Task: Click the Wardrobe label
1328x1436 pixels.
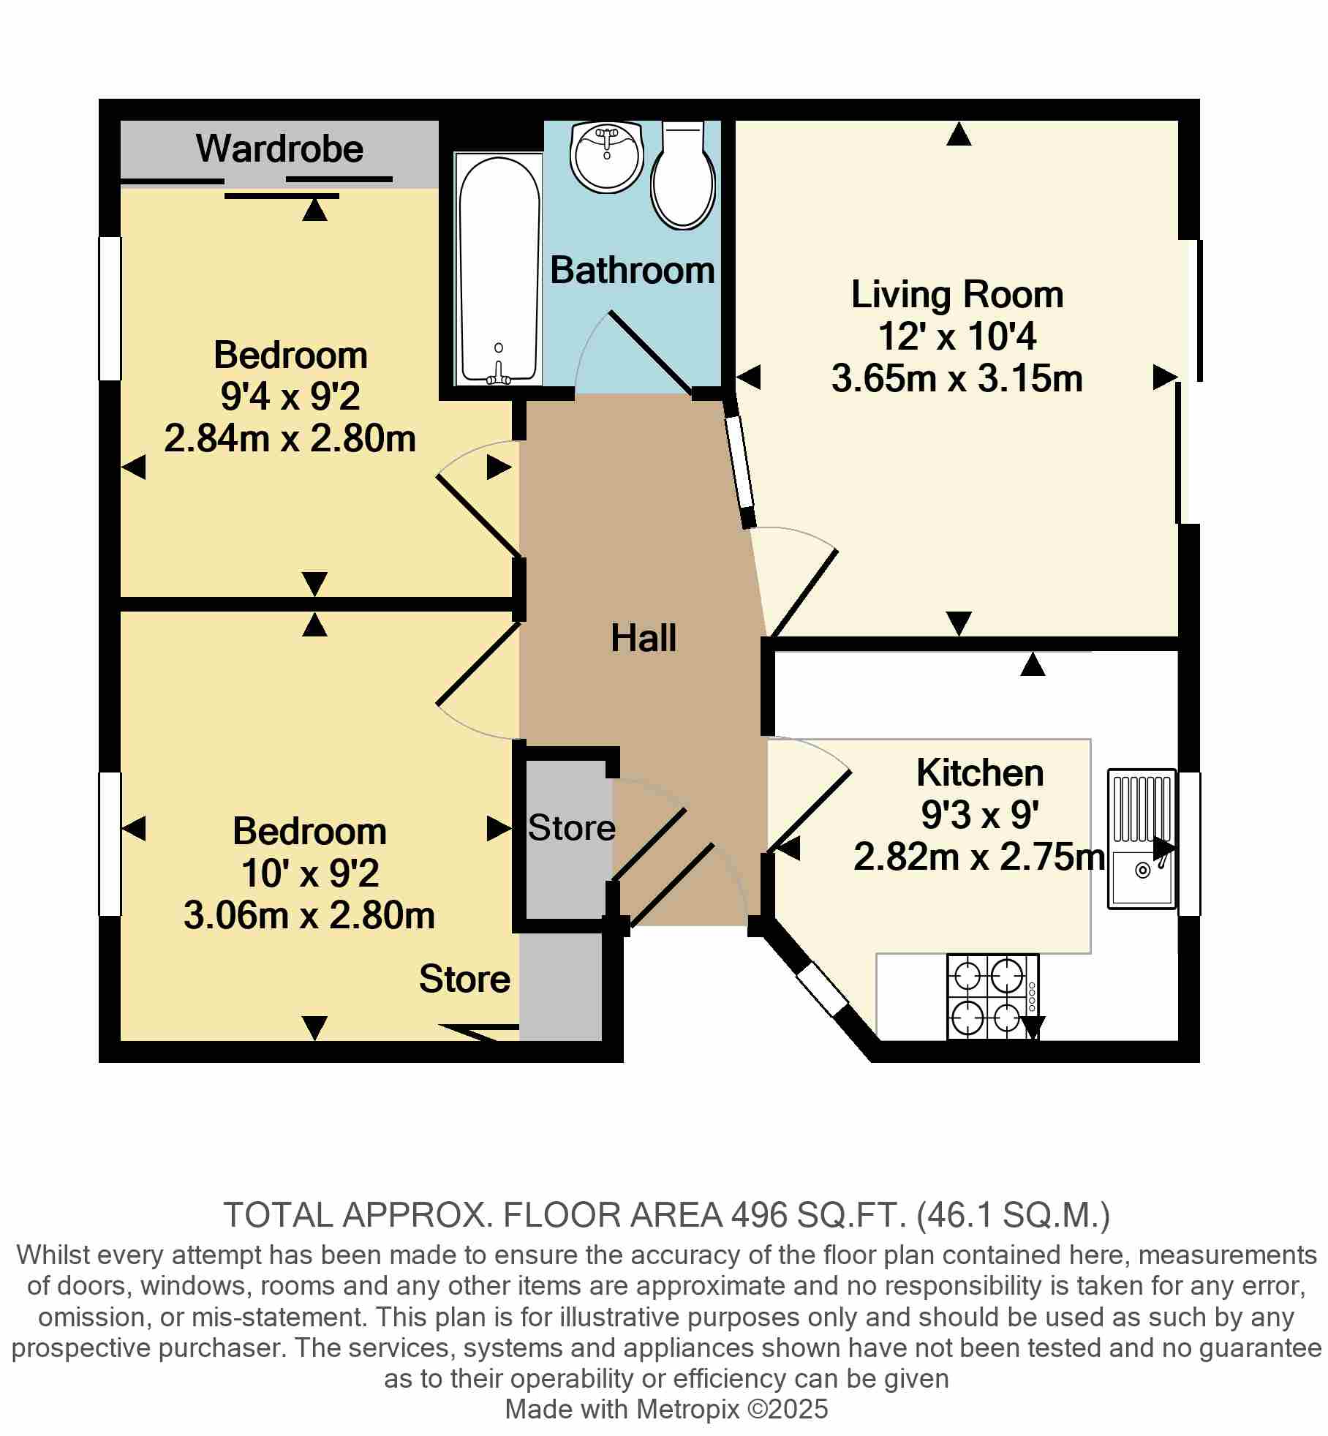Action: pyautogui.click(x=279, y=149)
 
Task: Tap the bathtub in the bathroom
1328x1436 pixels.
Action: pyautogui.click(x=498, y=269)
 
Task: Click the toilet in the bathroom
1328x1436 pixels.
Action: pyautogui.click(x=683, y=175)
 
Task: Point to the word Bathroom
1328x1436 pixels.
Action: pyautogui.click(x=633, y=271)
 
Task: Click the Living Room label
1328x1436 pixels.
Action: pyautogui.click(x=957, y=295)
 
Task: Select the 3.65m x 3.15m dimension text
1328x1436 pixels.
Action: pyautogui.click(x=957, y=380)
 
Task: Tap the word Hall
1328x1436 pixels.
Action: pyautogui.click(x=644, y=638)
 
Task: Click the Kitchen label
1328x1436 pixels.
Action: pyautogui.click(x=980, y=772)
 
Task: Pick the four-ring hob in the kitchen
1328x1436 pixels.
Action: pyautogui.click(x=993, y=996)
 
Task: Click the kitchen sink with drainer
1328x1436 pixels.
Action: pyautogui.click(x=1142, y=839)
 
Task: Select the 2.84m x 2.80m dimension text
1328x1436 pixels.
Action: pyautogui.click(x=290, y=440)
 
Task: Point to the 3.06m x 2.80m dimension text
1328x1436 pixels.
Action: pyautogui.click(x=309, y=916)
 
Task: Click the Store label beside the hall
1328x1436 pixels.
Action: pyautogui.click(x=572, y=828)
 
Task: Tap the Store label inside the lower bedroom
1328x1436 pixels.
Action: pyautogui.click(x=465, y=979)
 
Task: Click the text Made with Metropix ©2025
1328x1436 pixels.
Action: pyautogui.click(x=666, y=1409)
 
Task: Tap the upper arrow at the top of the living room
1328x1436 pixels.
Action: pyautogui.click(x=959, y=134)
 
